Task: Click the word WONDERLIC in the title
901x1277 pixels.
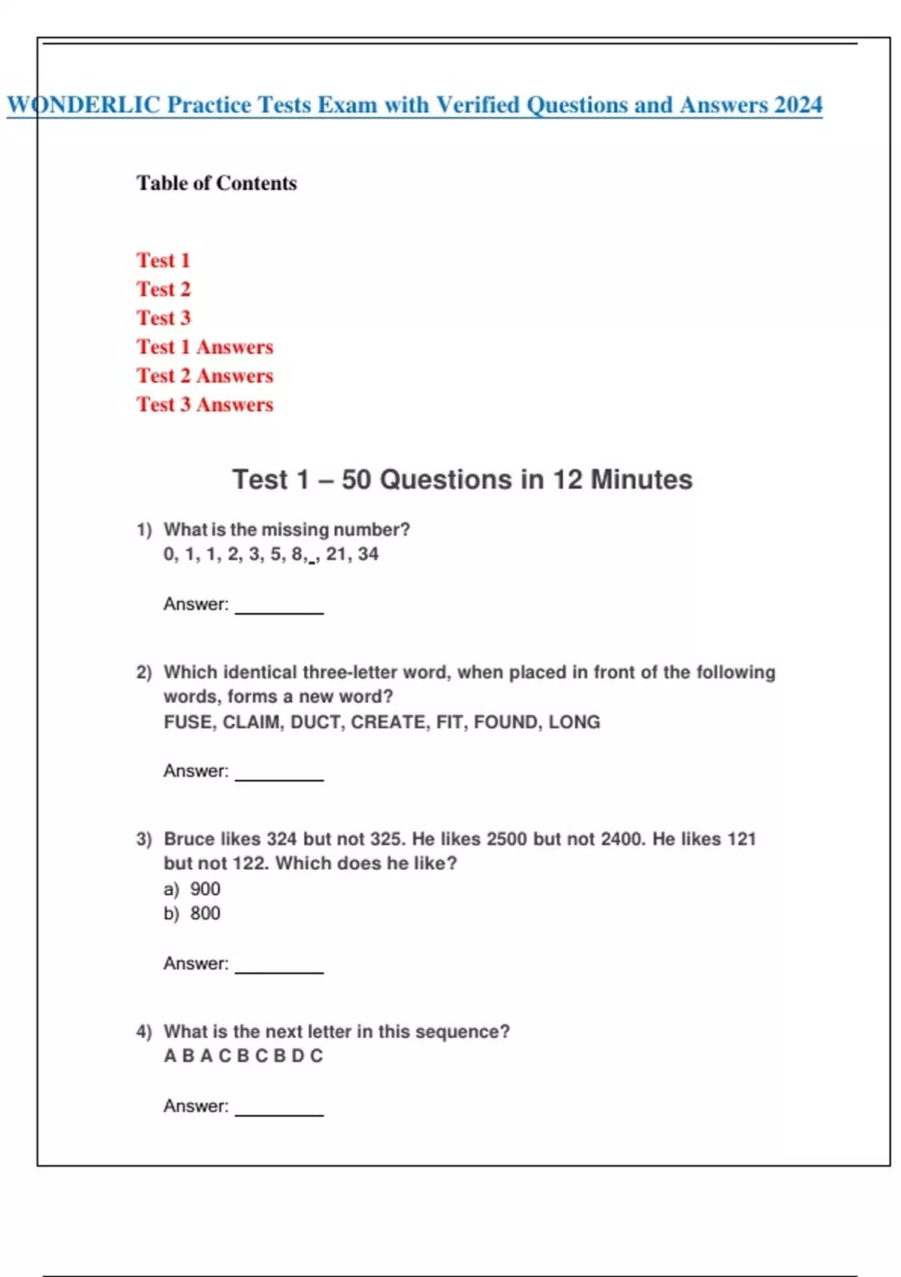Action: click(x=83, y=104)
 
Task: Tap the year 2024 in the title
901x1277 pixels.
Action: click(x=798, y=104)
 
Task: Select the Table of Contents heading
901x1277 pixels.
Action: click(x=216, y=183)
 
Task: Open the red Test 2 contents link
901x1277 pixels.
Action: click(x=164, y=289)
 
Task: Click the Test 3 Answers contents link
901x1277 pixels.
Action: click(x=204, y=405)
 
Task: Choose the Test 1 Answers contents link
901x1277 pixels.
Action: click(x=204, y=347)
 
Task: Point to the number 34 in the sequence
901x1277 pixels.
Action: click(x=368, y=554)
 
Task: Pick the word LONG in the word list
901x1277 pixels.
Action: click(x=574, y=722)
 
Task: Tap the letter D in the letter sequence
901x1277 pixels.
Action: click(x=297, y=1056)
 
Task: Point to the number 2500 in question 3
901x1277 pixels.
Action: click(x=507, y=839)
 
